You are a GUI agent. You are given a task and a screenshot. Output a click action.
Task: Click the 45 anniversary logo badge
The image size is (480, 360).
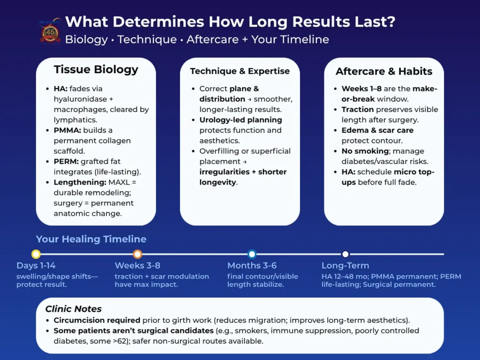click(x=50, y=30)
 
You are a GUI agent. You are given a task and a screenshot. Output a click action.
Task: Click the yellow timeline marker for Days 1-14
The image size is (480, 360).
click(x=36, y=254)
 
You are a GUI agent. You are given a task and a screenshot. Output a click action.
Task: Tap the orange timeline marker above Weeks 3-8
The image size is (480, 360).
click(x=137, y=254)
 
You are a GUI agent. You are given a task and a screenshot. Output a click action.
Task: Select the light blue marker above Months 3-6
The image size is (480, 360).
click(x=252, y=254)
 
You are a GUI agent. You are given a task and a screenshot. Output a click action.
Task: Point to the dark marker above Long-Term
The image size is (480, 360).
click(x=345, y=254)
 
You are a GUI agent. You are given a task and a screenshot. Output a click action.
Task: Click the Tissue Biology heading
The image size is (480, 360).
click(x=96, y=69)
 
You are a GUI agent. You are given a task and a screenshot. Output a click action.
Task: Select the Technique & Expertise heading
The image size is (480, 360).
click(x=240, y=71)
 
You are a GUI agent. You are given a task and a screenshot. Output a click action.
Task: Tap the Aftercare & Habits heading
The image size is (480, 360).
click(x=384, y=71)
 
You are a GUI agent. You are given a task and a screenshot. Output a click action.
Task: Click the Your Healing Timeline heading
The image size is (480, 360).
click(x=91, y=239)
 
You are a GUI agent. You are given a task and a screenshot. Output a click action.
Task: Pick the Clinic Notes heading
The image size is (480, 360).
click(x=74, y=308)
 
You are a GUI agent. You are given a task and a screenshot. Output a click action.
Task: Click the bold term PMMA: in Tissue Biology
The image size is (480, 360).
click(x=67, y=130)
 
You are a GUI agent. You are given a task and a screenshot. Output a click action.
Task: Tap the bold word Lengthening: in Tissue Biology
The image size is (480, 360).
click(x=80, y=182)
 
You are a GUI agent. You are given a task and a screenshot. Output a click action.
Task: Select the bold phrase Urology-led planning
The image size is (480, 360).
click(x=240, y=120)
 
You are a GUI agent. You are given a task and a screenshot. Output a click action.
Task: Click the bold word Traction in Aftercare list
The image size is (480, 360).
click(x=358, y=109)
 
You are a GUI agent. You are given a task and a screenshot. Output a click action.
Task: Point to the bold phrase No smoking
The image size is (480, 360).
click(x=365, y=151)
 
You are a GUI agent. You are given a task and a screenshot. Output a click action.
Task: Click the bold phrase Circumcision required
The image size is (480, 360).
click(x=97, y=320)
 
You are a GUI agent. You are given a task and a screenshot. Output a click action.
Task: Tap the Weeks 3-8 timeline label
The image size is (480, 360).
click(x=137, y=265)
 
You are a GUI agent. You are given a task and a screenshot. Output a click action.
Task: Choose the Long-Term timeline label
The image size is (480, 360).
click(x=345, y=265)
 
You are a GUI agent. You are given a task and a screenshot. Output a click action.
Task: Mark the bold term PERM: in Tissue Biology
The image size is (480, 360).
click(x=66, y=161)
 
